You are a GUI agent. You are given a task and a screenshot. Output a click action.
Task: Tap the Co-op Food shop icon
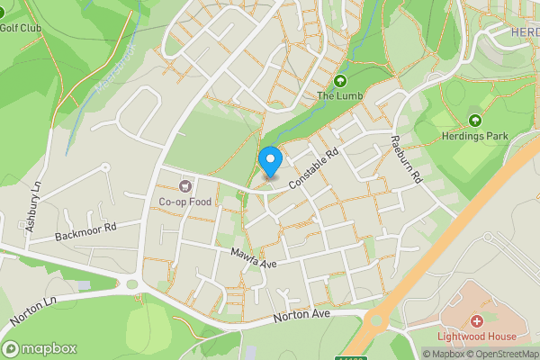coord(186,186)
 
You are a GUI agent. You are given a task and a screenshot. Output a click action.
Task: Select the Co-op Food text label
coord(185,202)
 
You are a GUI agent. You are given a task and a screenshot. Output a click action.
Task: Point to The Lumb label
coord(337,94)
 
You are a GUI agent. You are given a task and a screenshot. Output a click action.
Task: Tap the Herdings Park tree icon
coord(474,121)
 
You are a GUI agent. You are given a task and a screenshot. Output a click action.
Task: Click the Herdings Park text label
coord(475,136)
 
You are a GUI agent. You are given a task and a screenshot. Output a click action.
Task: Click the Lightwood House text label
coord(475,337)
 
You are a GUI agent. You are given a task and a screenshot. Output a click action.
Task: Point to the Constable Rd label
coord(313,169)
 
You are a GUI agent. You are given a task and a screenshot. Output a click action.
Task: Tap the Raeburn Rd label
coord(405,159)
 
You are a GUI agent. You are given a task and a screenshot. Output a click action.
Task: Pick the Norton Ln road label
coord(34,310)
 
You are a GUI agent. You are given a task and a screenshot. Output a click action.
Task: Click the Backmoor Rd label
coord(86,231)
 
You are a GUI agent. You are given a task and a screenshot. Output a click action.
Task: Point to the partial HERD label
coord(524,32)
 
